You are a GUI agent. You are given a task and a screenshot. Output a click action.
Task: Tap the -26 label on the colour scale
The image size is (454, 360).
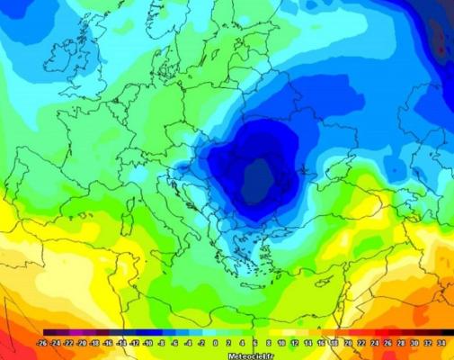tap(42, 343)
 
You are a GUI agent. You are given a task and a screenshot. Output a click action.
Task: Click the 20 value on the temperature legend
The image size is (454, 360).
tap(347, 343)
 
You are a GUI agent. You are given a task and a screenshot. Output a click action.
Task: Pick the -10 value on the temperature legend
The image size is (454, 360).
tap(148, 343)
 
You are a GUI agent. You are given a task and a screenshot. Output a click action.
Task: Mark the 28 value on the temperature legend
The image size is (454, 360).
tap(400, 343)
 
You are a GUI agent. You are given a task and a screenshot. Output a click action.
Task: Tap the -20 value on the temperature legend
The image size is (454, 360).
tap(82, 343)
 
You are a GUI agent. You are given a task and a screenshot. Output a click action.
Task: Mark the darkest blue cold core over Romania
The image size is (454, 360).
tap(261, 175)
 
